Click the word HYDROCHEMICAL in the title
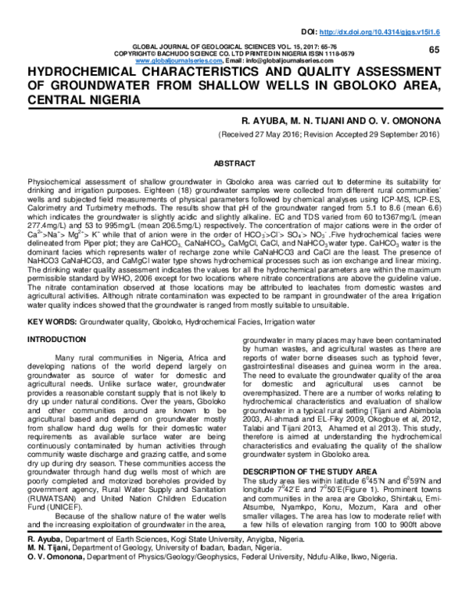tap(83, 73)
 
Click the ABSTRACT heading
tap(234, 164)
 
